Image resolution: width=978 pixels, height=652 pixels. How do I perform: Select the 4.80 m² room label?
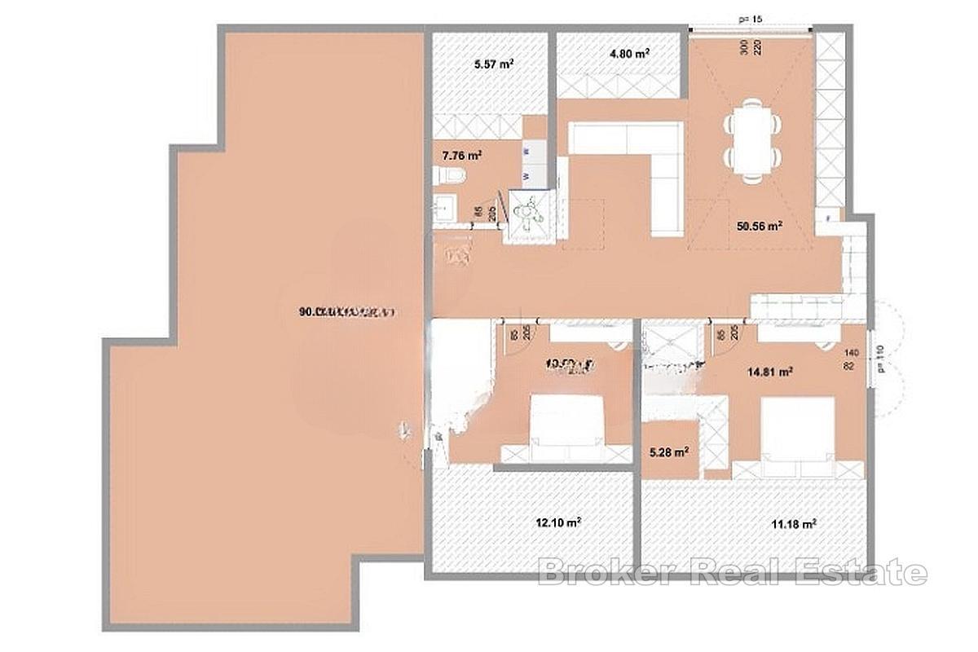pos(628,54)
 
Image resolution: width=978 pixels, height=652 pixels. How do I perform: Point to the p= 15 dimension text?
pos(751,18)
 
